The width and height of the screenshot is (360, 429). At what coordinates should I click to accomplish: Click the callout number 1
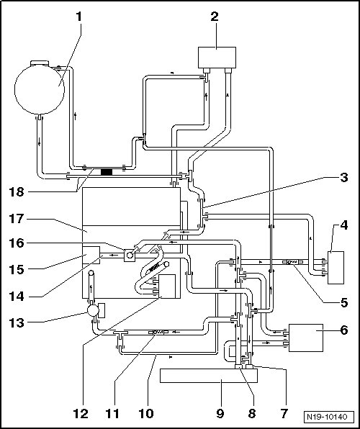(79, 17)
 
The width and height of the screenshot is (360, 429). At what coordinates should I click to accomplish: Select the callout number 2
(215, 17)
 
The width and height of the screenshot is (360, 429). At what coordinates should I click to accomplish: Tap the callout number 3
(344, 178)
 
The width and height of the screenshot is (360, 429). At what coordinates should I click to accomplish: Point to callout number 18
(17, 192)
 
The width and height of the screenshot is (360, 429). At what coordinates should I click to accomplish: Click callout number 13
(17, 323)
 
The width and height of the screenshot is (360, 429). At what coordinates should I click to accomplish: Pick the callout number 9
(220, 413)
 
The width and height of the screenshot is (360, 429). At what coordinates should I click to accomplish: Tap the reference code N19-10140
(327, 417)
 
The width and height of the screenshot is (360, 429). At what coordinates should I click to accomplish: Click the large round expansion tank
(40, 89)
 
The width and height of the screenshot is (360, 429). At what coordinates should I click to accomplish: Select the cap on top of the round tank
(40, 63)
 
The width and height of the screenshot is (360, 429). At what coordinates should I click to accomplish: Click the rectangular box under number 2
(217, 58)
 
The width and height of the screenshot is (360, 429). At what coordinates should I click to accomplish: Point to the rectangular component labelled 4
(336, 268)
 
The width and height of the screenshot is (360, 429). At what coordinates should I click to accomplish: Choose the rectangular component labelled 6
(306, 338)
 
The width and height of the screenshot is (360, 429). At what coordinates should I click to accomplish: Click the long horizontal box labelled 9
(209, 376)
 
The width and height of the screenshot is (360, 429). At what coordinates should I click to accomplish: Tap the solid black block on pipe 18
(107, 172)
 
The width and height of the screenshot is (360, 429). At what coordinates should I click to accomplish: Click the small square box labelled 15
(91, 255)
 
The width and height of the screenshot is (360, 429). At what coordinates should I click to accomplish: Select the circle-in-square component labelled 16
(130, 256)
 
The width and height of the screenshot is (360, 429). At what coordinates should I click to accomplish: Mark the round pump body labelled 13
(93, 310)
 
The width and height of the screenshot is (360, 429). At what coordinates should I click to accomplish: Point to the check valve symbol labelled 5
(293, 262)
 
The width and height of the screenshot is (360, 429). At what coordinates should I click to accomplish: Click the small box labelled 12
(167, 286)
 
